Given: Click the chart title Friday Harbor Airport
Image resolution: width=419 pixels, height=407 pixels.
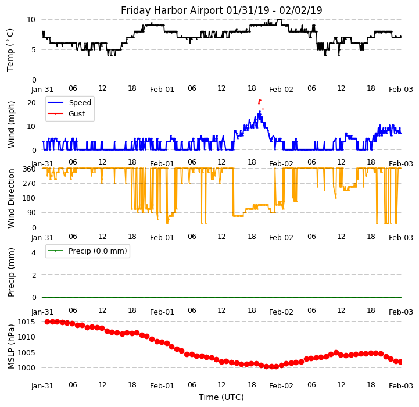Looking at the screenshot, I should (221, 10).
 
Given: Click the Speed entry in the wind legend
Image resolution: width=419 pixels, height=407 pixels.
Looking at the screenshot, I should (80, 103).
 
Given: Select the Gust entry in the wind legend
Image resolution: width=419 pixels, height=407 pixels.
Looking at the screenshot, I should (77, 114).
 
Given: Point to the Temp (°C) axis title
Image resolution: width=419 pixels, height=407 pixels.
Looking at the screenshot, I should (10, 49).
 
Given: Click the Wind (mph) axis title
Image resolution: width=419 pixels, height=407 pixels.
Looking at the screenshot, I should (11, 124).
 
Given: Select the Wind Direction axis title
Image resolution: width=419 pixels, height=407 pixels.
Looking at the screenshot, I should (11, 198).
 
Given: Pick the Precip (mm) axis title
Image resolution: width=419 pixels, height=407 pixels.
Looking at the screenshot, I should (11, 272).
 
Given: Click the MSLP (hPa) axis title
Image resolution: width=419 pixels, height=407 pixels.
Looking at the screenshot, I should (11, 345).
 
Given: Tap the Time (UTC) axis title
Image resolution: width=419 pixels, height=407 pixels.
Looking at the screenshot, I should (221, 397).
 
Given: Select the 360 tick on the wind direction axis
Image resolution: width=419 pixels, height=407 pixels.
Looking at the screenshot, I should (30, 169).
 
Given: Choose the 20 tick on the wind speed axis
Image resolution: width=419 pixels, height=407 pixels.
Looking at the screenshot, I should (32, 102).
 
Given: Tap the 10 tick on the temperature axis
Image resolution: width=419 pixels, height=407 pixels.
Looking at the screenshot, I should (31, 19).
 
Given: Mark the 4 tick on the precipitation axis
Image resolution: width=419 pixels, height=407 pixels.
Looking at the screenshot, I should (34, 252).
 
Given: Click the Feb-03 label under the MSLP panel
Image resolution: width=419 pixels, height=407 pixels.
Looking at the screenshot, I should (401, 386).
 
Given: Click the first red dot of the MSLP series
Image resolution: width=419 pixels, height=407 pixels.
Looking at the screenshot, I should (48, 322).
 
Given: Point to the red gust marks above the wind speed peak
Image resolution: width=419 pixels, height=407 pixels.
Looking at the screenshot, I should (259, 102).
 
